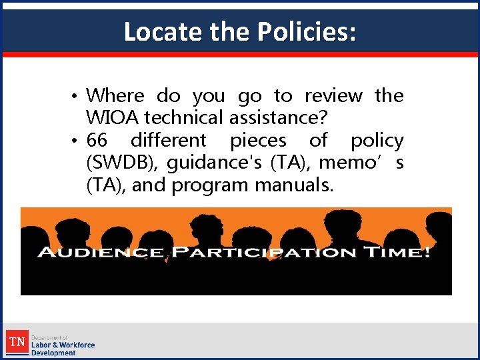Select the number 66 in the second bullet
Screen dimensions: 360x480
(97, 141)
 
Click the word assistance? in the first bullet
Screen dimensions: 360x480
(278, 118)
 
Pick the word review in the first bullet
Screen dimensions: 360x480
(333, 95)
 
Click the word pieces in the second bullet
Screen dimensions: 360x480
(258, 141)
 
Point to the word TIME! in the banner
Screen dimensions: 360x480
(400, 253)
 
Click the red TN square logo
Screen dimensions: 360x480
(17, 343)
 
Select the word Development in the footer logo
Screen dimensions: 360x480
(53, 353)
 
